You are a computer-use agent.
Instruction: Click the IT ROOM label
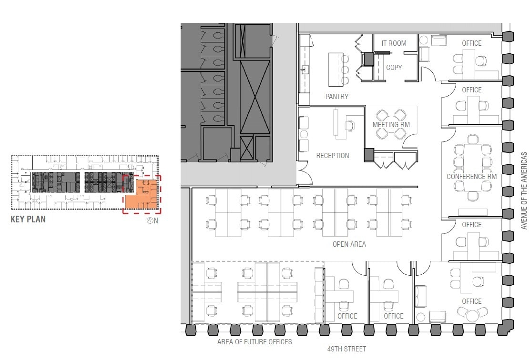[394, 43]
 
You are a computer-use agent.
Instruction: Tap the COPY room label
[394, 68]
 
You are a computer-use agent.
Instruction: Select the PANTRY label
[337, 97]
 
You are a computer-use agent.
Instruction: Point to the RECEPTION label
[333, 156]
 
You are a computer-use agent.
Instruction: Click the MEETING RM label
[391, 125]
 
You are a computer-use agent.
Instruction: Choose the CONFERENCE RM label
[471, 177]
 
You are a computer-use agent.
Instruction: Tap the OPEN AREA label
[349, 244]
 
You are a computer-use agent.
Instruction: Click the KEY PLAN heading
[28, 220]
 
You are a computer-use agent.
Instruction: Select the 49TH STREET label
[346, 349]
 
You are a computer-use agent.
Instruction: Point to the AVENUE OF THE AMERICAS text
[524, 190]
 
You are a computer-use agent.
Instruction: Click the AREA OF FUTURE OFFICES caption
[254, 341]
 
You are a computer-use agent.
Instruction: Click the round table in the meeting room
[390, 125]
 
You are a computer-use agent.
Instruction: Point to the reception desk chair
[351, 125]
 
